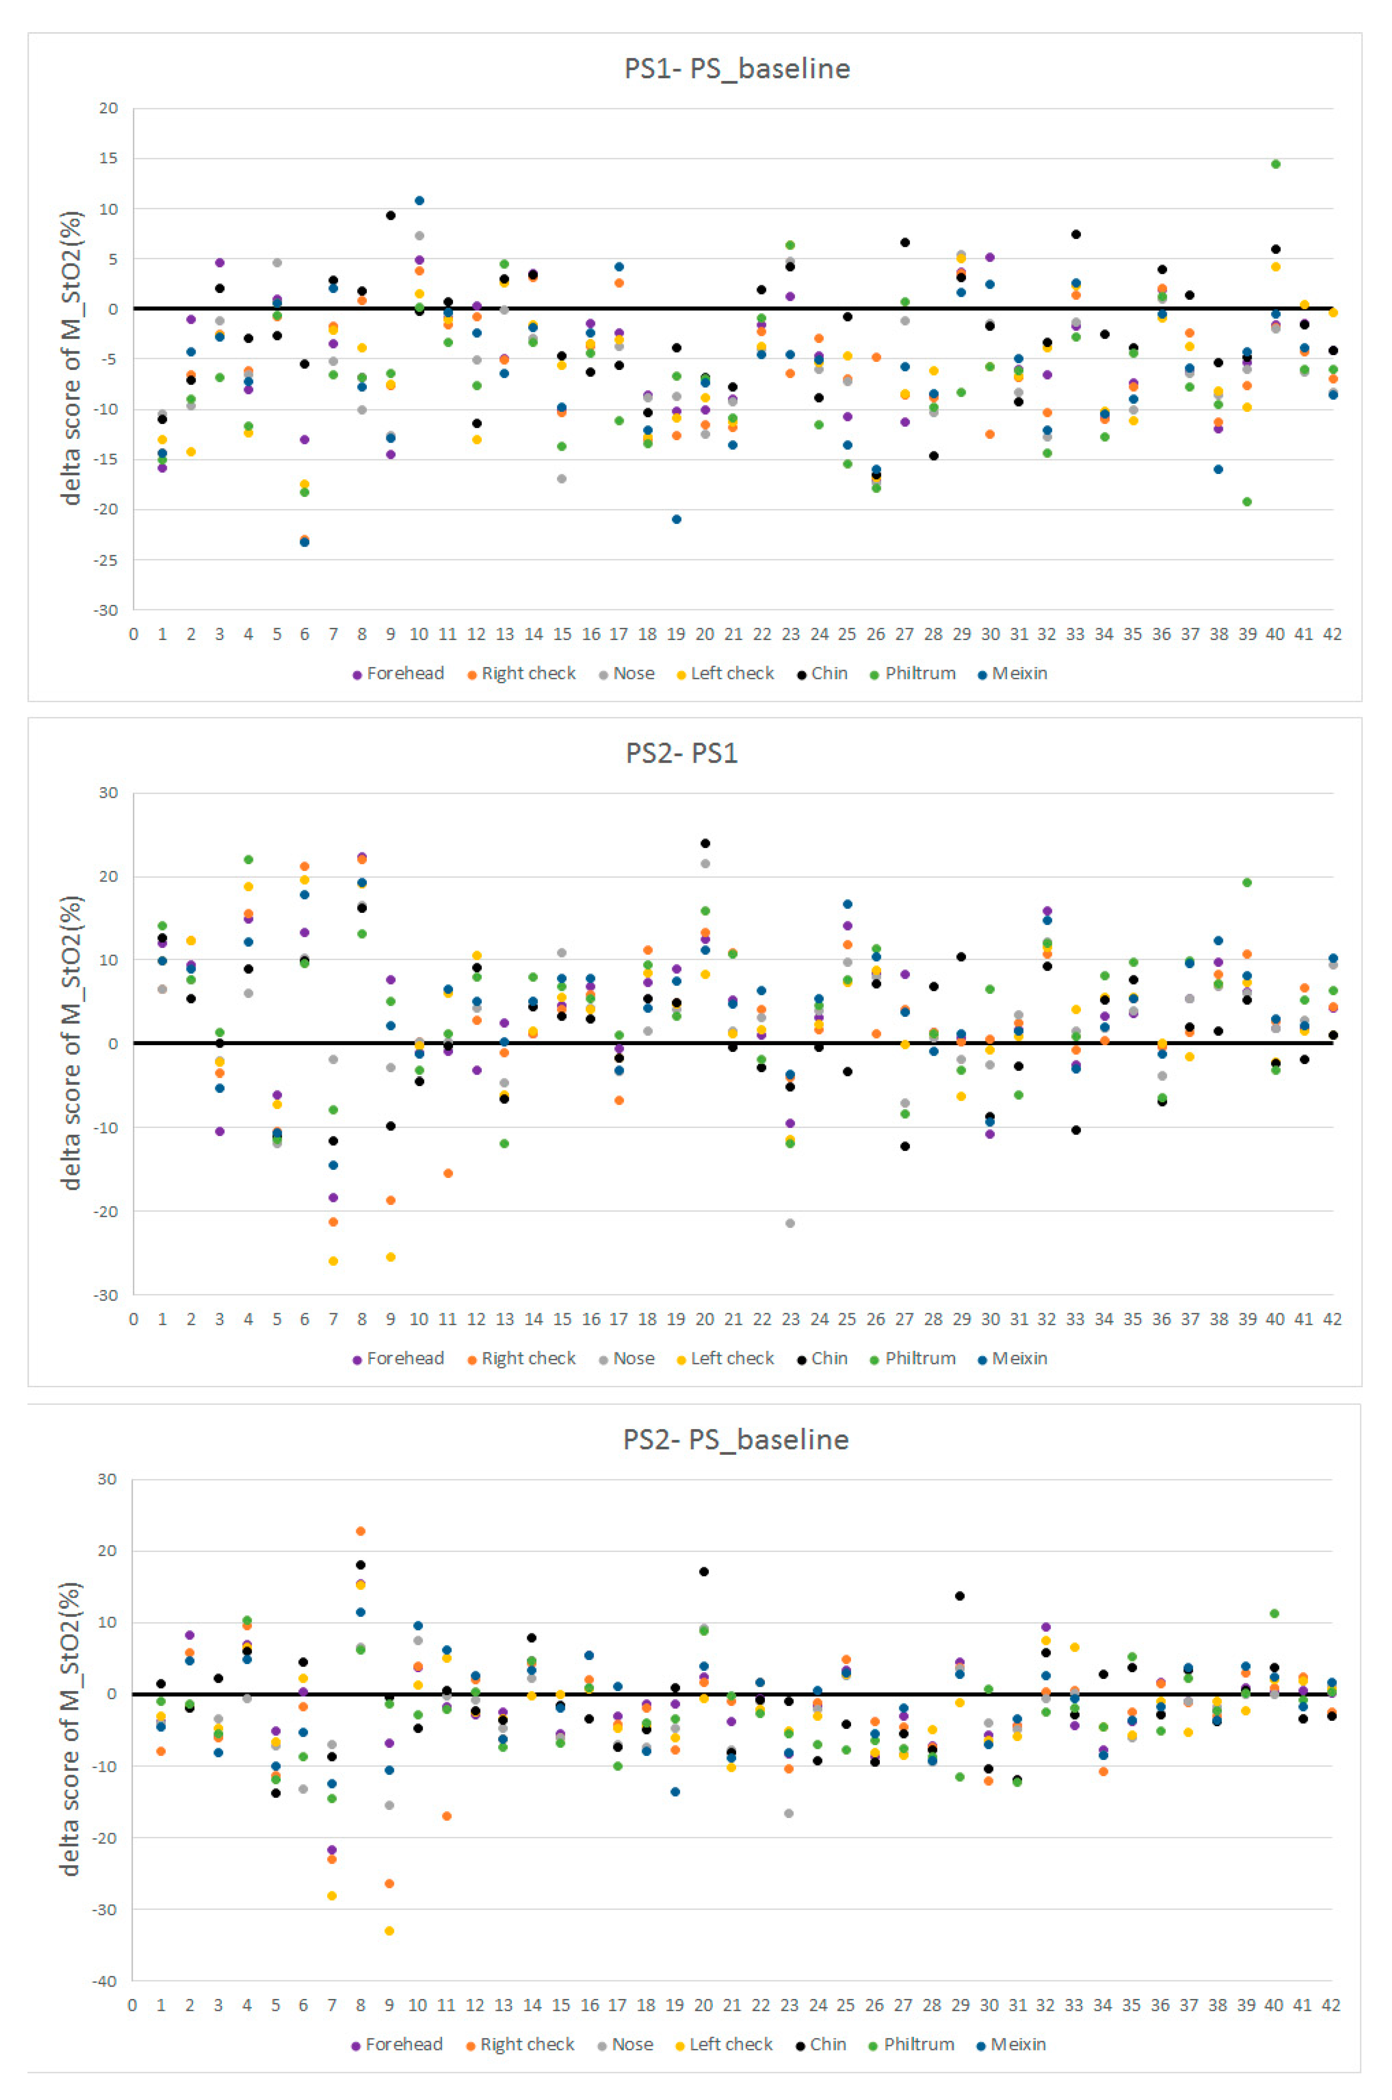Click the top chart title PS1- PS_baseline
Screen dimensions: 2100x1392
(737, 68)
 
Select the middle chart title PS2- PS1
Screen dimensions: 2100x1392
(682, 753)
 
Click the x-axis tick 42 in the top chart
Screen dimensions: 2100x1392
(1332, 634)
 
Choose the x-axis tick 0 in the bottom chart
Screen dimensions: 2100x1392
(132, 2005)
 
